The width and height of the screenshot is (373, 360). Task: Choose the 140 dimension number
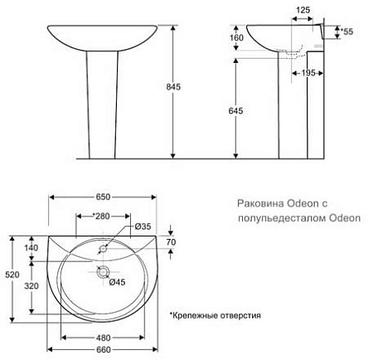pyautogui.click(x=31, y=247)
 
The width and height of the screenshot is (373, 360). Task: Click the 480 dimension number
pyautogui.click(x=103, y=337)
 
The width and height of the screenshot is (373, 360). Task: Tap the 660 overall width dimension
pyautogui.click(x=103, y=350)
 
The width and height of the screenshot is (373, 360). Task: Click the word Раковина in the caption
pyautogui.click(x=261, y=203)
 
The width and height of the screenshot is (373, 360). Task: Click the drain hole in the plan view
pyautogui.click(x=102, y=270)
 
